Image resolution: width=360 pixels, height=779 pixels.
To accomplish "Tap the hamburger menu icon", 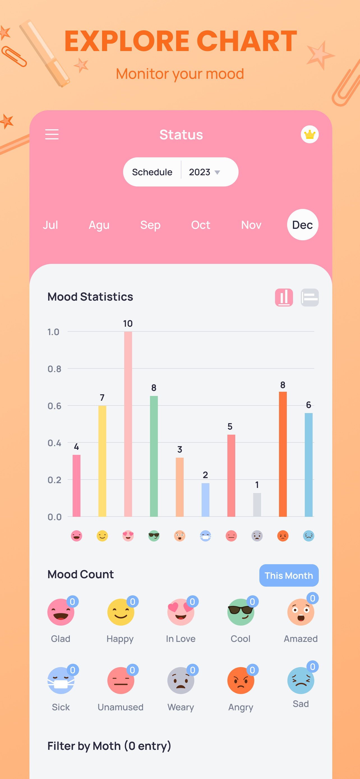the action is (52, 134).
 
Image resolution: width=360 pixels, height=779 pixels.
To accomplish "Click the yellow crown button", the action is (310, 134).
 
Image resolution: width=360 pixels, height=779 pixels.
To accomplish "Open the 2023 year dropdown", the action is (204, 172).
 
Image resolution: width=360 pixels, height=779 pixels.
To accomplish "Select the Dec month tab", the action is (303, 225).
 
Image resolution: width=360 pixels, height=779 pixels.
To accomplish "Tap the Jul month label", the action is (50, 225).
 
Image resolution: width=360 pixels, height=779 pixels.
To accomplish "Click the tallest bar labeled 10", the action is (128, 424).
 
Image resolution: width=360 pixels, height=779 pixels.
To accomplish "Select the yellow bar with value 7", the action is (102, 461).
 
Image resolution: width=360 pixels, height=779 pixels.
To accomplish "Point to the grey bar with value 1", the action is (257, 505).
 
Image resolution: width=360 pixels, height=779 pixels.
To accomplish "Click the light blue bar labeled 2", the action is (206, 500).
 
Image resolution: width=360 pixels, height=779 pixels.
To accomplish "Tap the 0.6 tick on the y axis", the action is (54, 406).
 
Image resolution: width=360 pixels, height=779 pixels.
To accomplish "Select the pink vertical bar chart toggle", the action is (284, 297).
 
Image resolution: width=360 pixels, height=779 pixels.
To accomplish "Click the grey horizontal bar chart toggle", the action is (310, 297).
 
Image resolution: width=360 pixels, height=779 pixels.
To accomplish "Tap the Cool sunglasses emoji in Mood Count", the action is (241, 612).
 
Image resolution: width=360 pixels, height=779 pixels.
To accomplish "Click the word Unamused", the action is (121, 707).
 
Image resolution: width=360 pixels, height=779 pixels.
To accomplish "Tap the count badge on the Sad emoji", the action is (313, 667).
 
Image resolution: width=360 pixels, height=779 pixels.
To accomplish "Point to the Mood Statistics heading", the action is (90, 297).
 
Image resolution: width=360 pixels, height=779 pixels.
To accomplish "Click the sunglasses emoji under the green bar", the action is (154, 536).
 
